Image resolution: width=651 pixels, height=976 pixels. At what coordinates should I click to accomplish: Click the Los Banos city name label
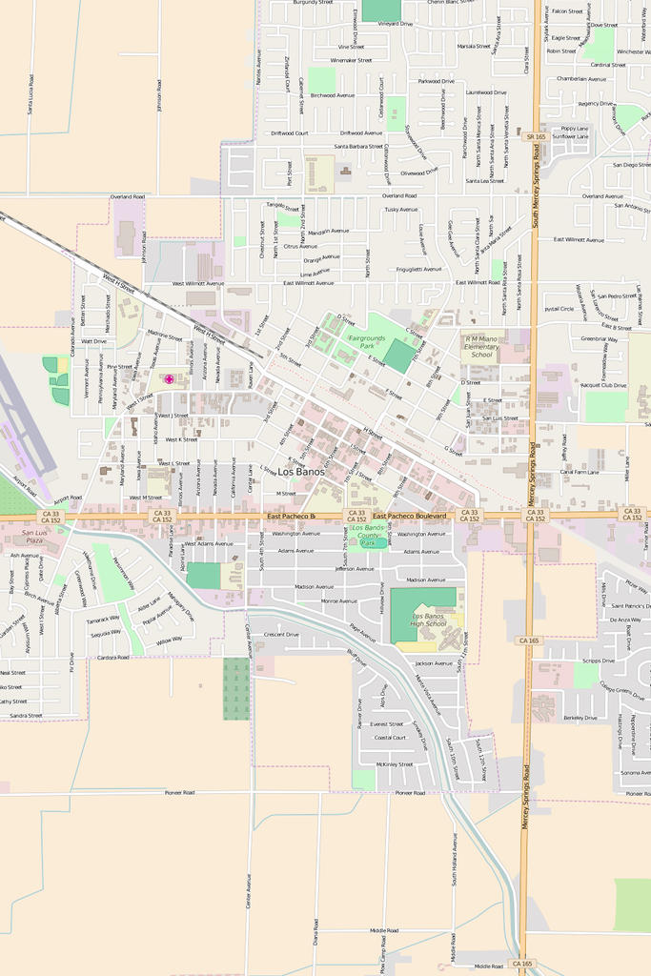pyautogui.click(x=301, y=472)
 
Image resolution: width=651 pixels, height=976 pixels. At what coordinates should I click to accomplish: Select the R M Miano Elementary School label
pyautogui.click(x=481, y=346)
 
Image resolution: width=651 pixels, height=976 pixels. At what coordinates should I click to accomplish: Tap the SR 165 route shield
pyautogui.click(x=536, y=137)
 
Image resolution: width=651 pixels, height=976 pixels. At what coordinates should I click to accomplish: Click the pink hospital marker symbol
pyautogui.click(x=170, y=379)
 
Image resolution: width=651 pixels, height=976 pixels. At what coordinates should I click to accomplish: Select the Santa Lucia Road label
pyautogui.click(x=31, y=95)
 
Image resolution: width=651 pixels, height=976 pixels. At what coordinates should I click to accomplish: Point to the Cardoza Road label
pyautogui.click(x=112, y=657)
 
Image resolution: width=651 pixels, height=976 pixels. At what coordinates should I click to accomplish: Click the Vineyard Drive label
pyautogui.click(x=396, y=24)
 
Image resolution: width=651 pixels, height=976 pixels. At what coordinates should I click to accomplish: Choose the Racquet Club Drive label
pyautogui.click(x=604, y=385)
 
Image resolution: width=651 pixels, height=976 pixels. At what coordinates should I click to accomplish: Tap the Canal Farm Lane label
pyautogui.click(x=580, y=472)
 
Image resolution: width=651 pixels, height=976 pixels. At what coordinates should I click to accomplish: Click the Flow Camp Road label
pyautogui.click(x=383, y=953)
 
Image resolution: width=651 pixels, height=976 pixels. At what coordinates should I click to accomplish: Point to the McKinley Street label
pyautogui.click(x=394, y=764)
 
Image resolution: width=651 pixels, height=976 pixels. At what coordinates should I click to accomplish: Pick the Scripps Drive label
pyautogui.click(x=599, y=661)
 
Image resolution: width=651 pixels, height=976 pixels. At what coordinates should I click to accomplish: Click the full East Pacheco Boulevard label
pyautogui.click(x=410, y=516)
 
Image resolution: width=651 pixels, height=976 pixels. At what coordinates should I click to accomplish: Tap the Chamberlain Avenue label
pyautogui.click(x=581, y=79)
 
